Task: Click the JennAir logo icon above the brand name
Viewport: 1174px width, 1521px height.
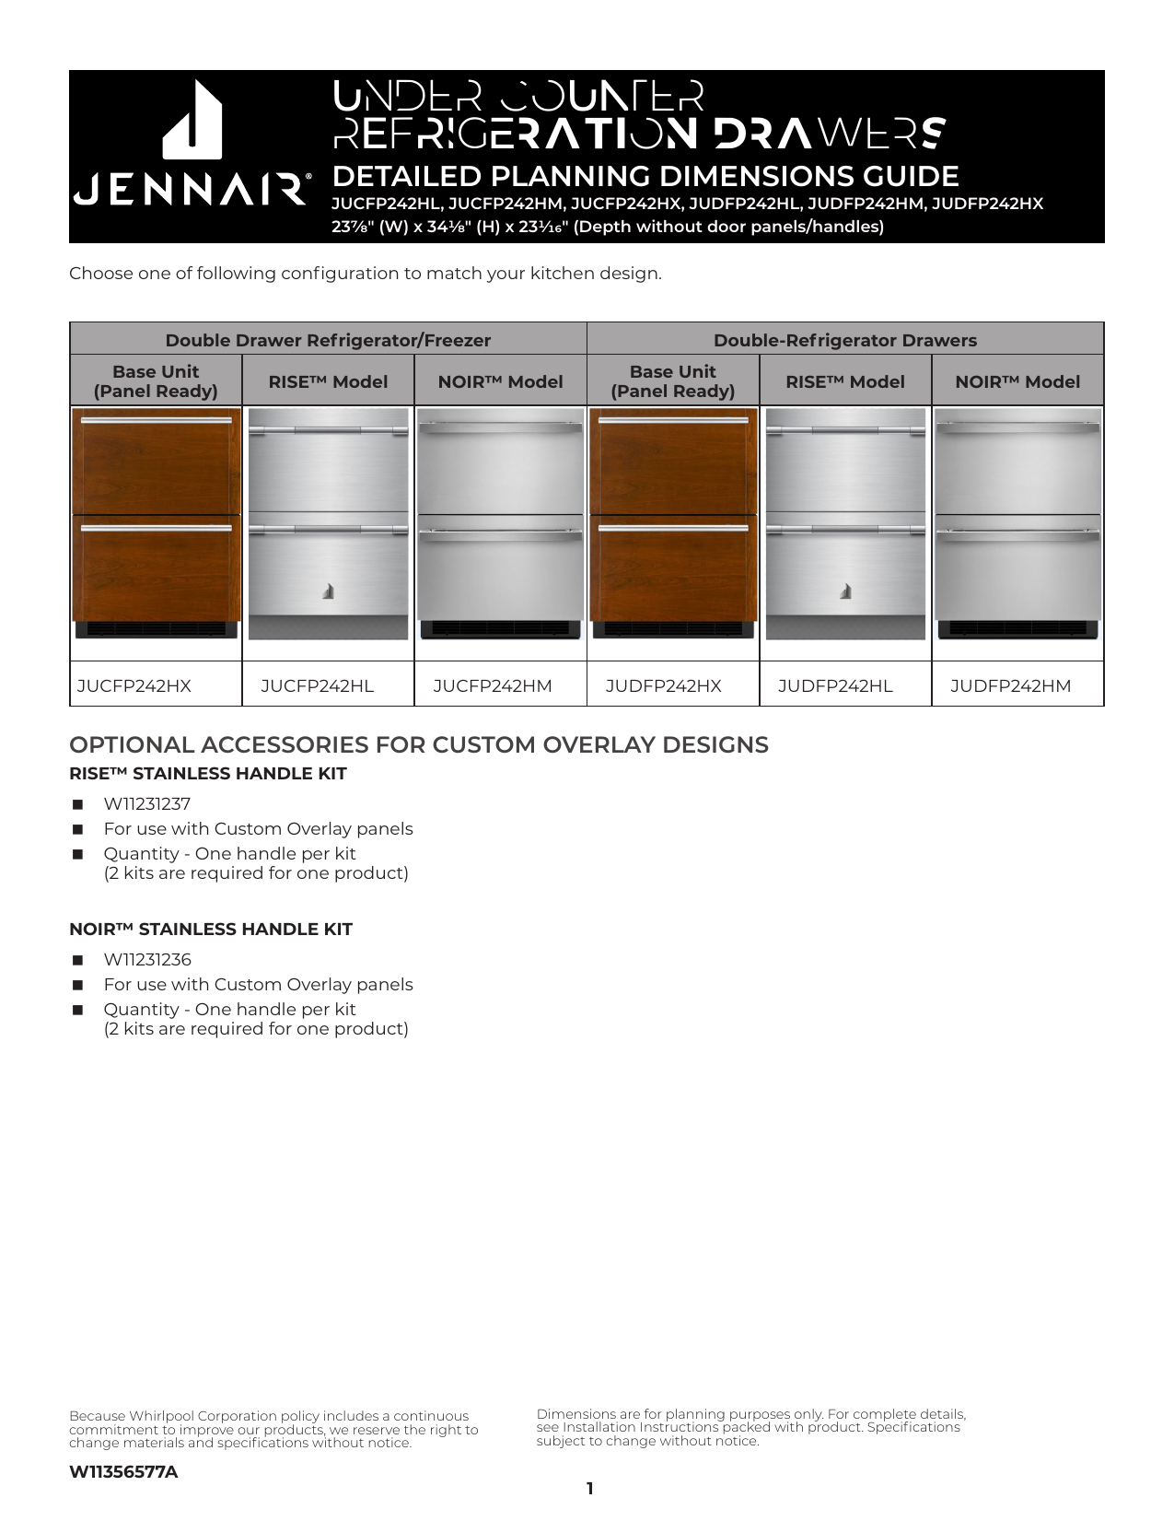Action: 192,120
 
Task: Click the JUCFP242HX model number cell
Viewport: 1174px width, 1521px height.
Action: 134,686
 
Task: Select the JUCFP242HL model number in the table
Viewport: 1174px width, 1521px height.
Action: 318,686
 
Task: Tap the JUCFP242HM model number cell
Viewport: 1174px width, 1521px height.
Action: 493,686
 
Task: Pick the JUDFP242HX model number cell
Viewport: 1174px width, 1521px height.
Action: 664,686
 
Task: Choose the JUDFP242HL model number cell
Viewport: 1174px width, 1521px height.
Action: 835,686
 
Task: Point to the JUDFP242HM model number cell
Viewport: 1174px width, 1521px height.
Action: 1011,686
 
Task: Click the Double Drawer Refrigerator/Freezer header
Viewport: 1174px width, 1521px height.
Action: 328,340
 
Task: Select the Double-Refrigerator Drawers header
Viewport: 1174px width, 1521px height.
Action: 845,340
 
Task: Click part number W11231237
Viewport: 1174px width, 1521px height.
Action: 147,804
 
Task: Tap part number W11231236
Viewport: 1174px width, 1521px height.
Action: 147,960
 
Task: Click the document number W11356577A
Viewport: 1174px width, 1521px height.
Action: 123,1472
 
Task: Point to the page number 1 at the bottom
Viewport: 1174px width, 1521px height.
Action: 589,1489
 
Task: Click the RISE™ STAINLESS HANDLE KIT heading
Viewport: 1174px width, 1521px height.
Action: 208,774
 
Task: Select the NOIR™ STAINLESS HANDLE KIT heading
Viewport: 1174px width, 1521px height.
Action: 211,930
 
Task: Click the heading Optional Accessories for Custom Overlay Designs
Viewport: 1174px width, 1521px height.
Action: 419,745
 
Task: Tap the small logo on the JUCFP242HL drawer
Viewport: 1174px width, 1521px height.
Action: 328,592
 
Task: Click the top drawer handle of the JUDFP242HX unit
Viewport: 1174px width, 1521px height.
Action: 673,420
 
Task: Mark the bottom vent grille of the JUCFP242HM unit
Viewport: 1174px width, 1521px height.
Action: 500,629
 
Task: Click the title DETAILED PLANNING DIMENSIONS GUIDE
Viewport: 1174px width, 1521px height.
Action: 645,177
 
